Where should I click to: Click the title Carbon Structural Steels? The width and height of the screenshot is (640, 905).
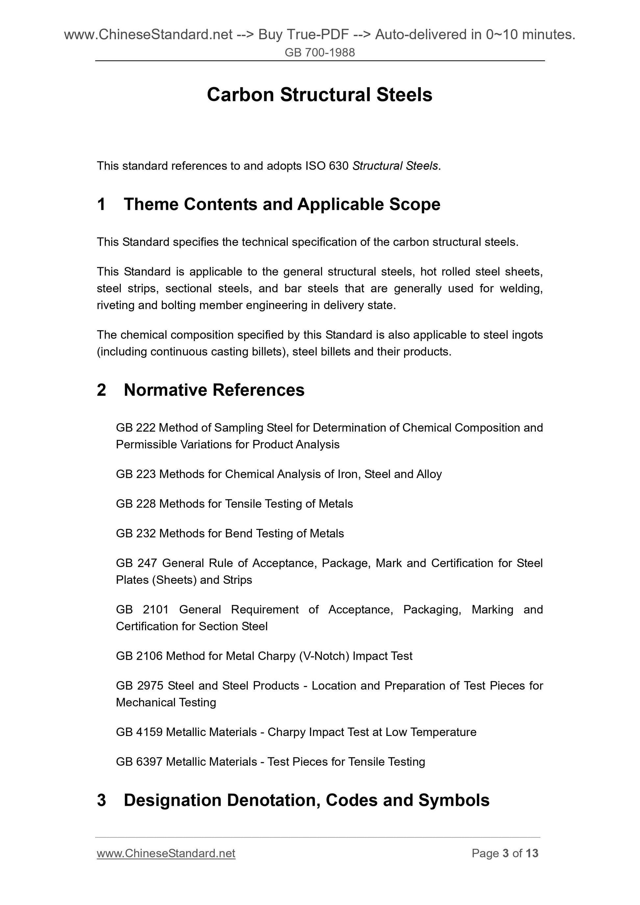(x=319, y=95)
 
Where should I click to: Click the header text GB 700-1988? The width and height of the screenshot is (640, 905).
(x=319, y=52)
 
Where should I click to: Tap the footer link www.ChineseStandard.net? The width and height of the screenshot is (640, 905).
(x=166, y=853)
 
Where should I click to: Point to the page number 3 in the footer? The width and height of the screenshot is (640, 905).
(x=505, y=853)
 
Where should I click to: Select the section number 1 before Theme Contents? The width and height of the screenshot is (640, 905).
(x=101, y=204)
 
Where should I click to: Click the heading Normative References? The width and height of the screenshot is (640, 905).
(x=214, y=390)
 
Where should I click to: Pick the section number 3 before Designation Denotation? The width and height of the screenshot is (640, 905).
(x=101, y=800)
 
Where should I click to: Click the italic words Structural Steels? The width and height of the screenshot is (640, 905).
(x=395, y=166)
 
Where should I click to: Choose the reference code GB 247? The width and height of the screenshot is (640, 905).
(x=136, y=563)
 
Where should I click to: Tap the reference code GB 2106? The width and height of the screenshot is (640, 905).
(x=139, y=656)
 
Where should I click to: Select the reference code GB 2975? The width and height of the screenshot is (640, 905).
(x=139, y=685)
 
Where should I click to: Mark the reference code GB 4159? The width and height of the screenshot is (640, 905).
(x=139, y=732)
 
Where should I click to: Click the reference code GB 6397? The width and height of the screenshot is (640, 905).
(x=139, y=762)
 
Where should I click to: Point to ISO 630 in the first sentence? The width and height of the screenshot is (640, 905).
(x=327, y=166)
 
